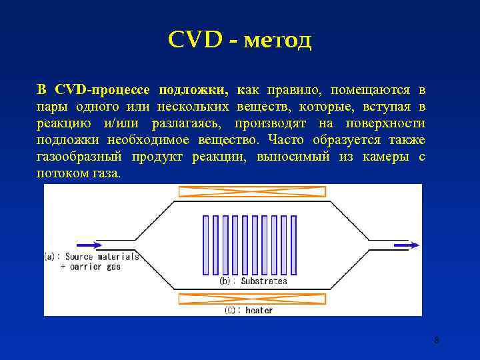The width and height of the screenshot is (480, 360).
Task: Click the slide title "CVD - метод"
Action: point(239,41)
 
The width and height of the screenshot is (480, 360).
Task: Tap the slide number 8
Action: point(436,341)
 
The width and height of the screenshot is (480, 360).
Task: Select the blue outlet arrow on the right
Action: point(406,245)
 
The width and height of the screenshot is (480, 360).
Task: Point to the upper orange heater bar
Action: point(252,192)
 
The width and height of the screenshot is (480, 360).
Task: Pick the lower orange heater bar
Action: point(252,299)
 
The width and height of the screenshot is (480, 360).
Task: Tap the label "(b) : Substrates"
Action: point(253,281)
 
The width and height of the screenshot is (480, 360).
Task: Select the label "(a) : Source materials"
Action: point(92,257)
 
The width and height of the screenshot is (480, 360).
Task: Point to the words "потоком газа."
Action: point(79,173)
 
